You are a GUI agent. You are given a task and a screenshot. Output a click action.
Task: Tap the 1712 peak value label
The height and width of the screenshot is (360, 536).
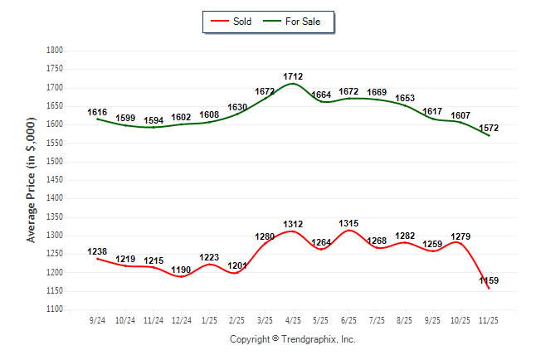pyautogui.click(x=293, y=76)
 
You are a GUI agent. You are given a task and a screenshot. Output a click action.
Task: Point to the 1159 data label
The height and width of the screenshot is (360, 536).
pyautogui.click(x=489, y=281)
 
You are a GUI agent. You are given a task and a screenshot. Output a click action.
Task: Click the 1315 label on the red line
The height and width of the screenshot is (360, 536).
pyautogui.click(x=349, y=224)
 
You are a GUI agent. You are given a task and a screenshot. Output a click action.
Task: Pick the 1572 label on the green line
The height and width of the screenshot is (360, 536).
pyautogui.click(x=489, y=128)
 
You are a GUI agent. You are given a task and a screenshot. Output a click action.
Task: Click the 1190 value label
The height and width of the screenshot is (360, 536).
pyautogui.click(x=182, y=270)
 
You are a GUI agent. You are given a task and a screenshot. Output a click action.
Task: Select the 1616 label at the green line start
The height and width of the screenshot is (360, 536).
pyautogui.click(x=97, y=111)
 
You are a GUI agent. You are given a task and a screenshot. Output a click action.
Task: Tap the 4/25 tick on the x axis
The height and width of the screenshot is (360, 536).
pyautogui.click(x=293, y=319)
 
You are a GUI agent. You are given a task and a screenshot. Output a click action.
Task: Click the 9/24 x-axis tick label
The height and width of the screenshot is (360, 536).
pyautogui.click(x=98, y=319)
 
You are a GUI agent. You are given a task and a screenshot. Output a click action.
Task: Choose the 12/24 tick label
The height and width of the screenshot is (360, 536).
pyautogui.click(x=182, y=319)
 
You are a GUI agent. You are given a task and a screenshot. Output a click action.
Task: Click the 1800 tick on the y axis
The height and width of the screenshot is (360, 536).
pyautogui.click(x=55, y=51)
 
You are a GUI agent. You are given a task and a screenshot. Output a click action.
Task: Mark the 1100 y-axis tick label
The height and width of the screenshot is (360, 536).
pyautogui.click(x=55, y=309)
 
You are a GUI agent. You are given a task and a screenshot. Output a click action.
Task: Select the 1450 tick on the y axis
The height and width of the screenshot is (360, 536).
pyautogui.click(x=55, y=180)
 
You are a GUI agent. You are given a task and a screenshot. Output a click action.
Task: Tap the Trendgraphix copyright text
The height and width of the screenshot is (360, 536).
pyautogui.click(x=292, y=339)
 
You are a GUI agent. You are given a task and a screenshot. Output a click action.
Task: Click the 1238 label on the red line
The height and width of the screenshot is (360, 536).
pyautogui.click(x=97, y=251)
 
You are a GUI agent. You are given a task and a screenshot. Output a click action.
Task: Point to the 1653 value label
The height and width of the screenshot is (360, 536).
pyautogui.click(x=405, y=98)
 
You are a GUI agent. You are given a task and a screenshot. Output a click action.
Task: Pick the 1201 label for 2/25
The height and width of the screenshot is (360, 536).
pyautogui.click(x=237, y=265)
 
